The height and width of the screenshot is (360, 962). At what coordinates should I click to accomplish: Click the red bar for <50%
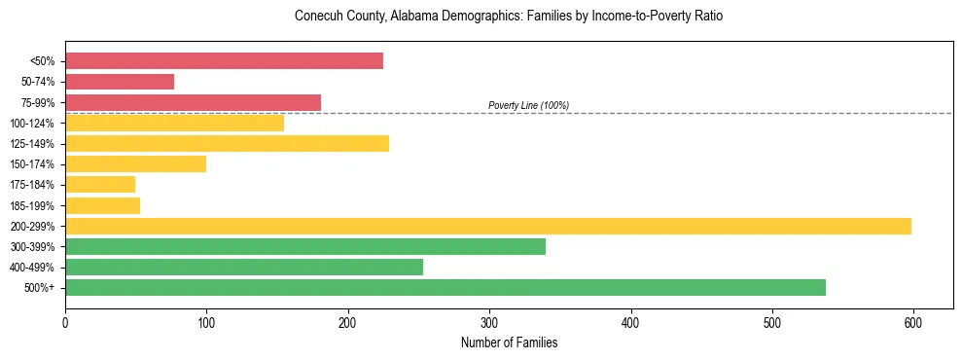coord(224,61)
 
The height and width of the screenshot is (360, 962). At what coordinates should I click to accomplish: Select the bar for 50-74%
coord(120,82)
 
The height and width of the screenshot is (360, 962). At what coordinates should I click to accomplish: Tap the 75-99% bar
coord(193,102)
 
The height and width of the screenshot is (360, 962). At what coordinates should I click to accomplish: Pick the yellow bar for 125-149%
coord(227,143)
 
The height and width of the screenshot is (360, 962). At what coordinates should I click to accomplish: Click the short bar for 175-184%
coord(100,185)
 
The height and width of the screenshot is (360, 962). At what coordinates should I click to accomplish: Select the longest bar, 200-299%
coord(487,226)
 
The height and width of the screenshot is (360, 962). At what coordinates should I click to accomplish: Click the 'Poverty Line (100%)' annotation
coord(528,105)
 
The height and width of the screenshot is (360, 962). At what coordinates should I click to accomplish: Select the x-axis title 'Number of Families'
coord(509,342)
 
